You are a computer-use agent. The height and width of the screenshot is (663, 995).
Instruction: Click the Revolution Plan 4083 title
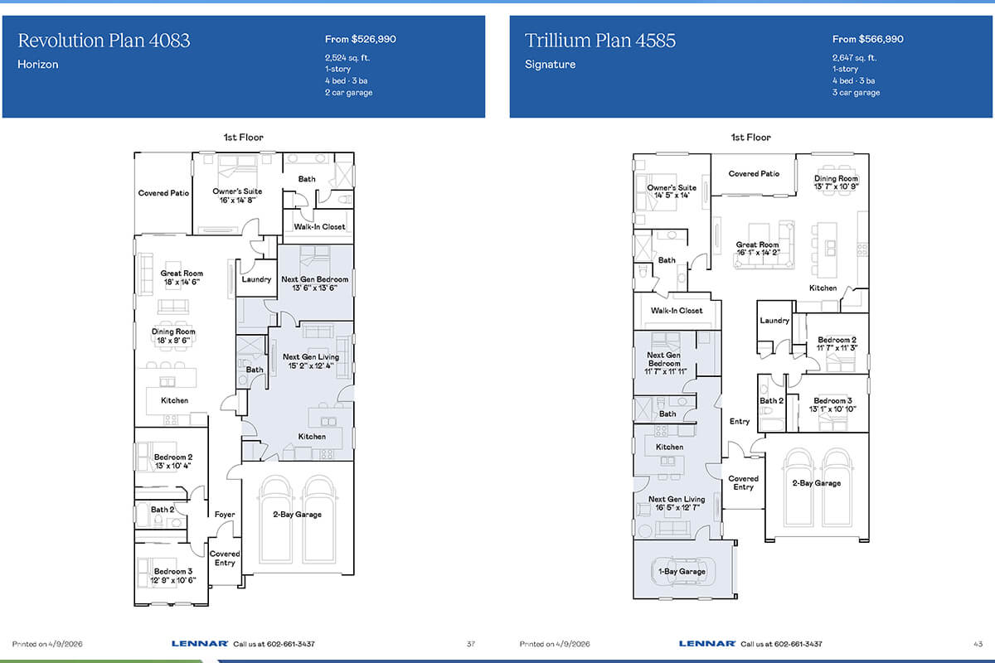click(x=104, y=41)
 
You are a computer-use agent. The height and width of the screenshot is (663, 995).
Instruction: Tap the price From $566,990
click(x=867, y=39)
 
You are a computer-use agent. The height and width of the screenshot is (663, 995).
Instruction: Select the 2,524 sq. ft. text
click(x=347, y=58)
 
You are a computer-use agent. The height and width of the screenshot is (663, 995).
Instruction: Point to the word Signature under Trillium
click(x=550, y=65)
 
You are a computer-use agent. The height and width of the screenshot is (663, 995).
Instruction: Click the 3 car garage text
click(x=856, y=92)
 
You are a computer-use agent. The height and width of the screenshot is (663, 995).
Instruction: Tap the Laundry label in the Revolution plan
click(x=256, y=279)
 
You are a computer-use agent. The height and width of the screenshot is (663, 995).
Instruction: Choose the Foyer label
click(x=225, y=514)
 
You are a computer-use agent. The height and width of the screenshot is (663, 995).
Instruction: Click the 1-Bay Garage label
click(x=682, y=572)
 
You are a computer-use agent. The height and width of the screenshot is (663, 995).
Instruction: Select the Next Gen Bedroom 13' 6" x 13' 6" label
click(x=314, y=283)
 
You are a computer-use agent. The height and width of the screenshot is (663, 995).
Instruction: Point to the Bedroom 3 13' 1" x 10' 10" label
click(x=832, y=404)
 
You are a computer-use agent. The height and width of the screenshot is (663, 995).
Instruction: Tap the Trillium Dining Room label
click(x=836, y=182)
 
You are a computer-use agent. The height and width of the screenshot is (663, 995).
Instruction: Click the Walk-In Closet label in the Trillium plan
click(x=677, y=311)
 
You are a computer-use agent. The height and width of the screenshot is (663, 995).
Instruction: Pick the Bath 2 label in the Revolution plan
click(x=163, y=510)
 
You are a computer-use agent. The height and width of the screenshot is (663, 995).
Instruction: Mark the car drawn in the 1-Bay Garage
click(x=682, y=572)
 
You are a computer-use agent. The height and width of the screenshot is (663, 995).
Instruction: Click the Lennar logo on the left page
click(x=200, y=643)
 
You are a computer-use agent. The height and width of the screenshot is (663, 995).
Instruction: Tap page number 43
click(x=978, y=644)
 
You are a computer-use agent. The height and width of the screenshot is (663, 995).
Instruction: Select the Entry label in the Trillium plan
click(x=739, y=421)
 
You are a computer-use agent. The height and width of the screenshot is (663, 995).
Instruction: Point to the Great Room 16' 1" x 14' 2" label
click(x=757, y=249)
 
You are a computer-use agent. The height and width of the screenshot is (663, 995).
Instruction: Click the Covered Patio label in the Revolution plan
click(x=163, y=193)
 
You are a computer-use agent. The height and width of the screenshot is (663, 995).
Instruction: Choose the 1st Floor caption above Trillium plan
click(x=750, y=138)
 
